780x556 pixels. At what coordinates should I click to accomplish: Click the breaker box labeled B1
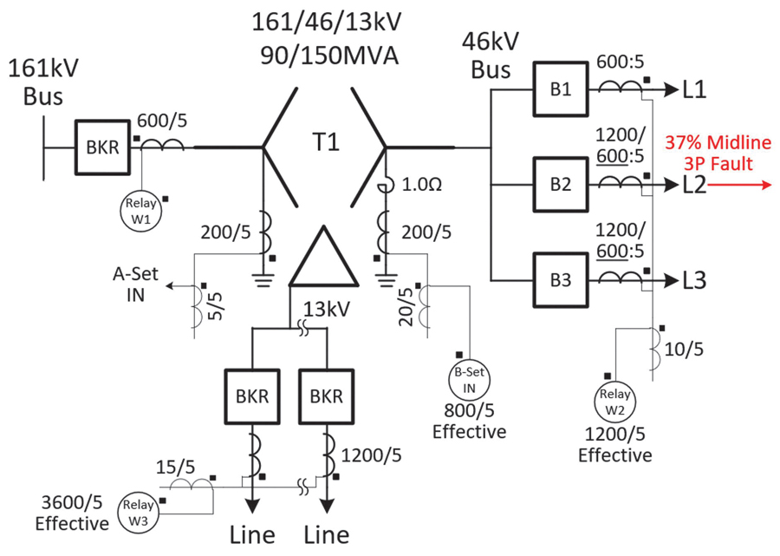point(561,89)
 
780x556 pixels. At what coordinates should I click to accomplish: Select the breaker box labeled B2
point(561,185)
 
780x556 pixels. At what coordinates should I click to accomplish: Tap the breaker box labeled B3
point(561,280)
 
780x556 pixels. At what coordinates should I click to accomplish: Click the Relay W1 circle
point(140,211)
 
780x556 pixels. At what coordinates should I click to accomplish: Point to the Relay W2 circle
point(614,402)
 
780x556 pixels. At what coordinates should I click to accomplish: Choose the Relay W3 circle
point(138,513)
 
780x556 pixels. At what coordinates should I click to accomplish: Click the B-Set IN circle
point(469,380)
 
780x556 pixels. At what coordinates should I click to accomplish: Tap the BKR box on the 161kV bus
point(102,147)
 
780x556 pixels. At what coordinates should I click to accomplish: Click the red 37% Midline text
point(718,143)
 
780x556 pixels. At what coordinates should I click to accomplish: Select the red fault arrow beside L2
point(739,185)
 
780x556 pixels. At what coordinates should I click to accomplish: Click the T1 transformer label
point(326,142)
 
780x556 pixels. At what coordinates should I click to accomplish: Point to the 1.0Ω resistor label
point(422,185)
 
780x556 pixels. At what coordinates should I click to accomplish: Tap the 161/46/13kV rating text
point(327,23)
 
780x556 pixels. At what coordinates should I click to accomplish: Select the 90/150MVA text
point(329,56)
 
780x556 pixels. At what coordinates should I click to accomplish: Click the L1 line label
point(694,89)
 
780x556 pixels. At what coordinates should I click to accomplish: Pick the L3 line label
point(694,281)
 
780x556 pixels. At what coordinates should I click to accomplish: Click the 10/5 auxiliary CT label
point(684,350)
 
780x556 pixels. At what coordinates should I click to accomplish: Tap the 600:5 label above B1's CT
point(621,62)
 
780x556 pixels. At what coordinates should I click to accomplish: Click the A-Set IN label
point(135,285)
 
